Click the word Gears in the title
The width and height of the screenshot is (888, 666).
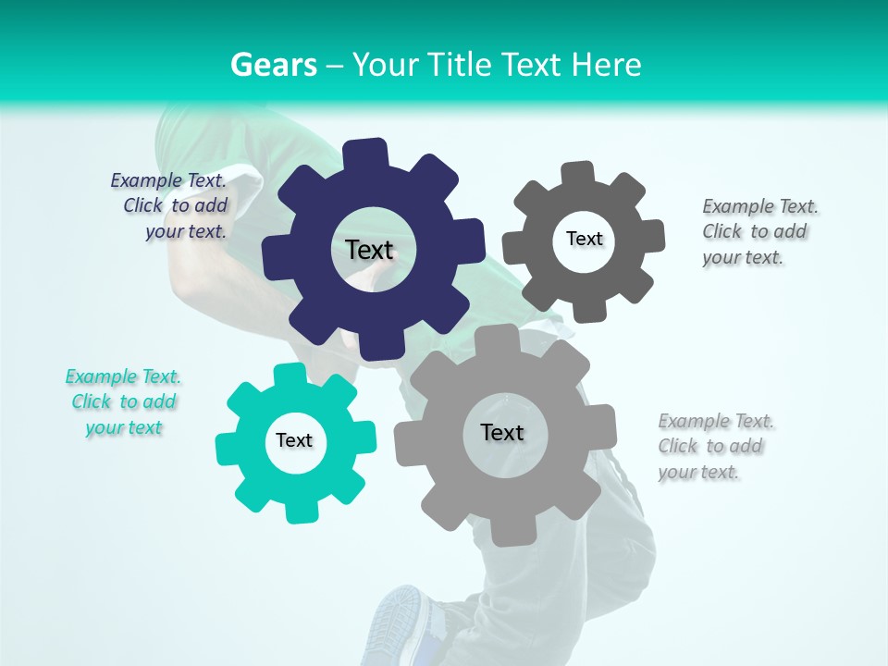(x=274, y=65)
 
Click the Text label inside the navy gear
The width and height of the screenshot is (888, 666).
(x=369, y=250)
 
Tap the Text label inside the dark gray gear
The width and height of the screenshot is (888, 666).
(x=584, y=239)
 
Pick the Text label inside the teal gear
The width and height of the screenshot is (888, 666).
(x=294, y=440)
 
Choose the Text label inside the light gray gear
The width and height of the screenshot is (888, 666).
(x=502, y=432)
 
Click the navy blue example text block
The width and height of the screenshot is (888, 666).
(x=172, y=205)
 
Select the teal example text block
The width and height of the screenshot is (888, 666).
(x=124, y=401)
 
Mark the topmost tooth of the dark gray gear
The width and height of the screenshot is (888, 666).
(x=577, y=174)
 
